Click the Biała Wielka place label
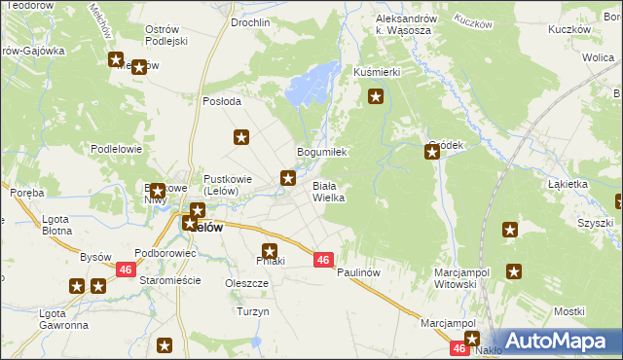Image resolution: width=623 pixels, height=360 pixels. point(328,191)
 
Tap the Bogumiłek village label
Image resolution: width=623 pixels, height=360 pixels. point(321,153)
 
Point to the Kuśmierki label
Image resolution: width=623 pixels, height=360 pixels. point(377,73)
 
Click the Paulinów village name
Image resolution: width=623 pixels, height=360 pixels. point(356,273)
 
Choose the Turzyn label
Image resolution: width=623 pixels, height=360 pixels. point(252,312)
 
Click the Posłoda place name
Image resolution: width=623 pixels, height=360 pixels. point(221,102)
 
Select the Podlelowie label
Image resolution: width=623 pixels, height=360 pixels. point(117,149)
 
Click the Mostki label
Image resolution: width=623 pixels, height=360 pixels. point(568,310)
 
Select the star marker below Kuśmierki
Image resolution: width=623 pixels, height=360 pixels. point(376,96)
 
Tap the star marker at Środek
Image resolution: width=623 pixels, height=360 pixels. point(432,152)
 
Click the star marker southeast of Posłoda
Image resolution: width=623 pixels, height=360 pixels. point(241,138)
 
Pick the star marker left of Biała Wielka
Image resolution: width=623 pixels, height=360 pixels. point(288,177)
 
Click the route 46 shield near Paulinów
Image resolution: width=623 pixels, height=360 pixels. point(325,260)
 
